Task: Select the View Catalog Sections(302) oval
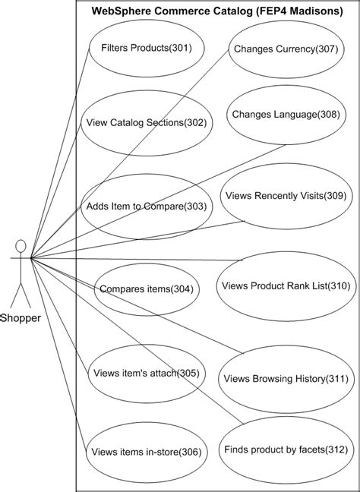[x=146, y=122]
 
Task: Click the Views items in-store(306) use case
[x=146, y=453]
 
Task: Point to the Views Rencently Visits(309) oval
[x=285, y=196]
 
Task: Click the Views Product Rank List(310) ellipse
[x=285, y=286]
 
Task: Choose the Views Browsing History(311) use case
[x=284, y=378]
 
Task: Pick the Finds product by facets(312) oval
[x=285, y=449]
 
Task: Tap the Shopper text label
[x=21, y=317]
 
